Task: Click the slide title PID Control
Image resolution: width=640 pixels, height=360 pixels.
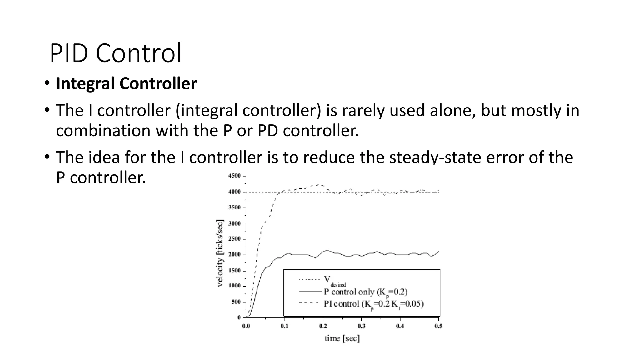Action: [x=115, y=53]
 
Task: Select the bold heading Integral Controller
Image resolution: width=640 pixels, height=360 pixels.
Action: [x=126, y=83]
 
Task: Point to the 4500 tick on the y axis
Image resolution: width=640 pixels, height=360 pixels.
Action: [x=235, y=176]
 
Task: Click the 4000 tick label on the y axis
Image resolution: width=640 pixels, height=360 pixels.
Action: [x=235, y=192]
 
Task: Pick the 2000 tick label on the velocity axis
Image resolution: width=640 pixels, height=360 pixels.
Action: [x=235, y=255]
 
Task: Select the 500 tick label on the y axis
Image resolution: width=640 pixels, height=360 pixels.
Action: [x=236, y=302]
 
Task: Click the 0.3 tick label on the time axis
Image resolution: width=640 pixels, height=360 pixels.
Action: [x=361, y=326]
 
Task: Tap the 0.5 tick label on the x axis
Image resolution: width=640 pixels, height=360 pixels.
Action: [x=438, y=326]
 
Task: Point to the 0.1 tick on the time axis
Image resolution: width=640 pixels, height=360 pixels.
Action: [x=284, y=326]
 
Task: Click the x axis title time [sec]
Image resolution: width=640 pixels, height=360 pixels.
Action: [x=342, y=338]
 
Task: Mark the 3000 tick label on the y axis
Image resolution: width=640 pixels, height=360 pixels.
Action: [x=235, y=223]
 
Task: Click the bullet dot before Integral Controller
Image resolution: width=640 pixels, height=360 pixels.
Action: [x=47, y=83]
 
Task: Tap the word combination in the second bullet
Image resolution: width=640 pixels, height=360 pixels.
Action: [x=103, y=131]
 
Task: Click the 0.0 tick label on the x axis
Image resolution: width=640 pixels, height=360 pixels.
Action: [x=246, y=326]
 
